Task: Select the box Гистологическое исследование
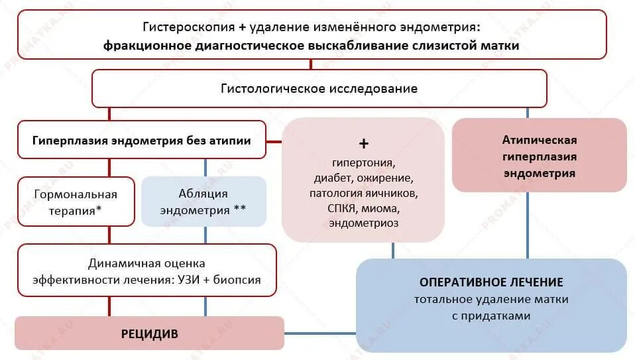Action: point(319,88)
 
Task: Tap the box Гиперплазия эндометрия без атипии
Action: point(142,140)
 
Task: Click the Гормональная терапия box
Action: point(75,202)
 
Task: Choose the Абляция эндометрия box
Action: point(203,202)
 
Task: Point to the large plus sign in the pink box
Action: point(363,144)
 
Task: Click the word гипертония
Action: point(363,163)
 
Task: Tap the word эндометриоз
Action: point(363,223)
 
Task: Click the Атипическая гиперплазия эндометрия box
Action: point(539,156)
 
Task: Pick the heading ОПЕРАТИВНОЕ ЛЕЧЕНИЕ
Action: point(491,282)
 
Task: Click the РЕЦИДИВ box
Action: point(149,333)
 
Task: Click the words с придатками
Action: point(491,316)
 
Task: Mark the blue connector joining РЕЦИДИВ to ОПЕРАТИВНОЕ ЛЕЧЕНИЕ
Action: point(320,333)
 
